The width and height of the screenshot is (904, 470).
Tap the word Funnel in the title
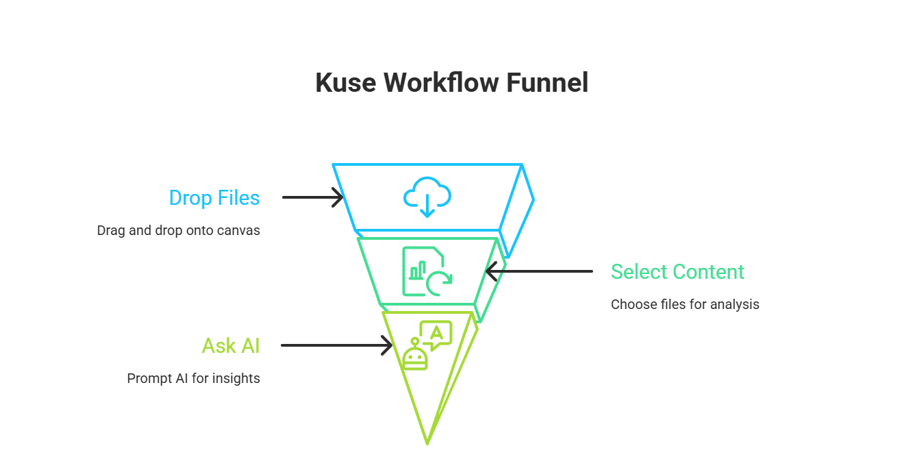(x=547, y=84)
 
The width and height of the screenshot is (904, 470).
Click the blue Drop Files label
(x=214, y=198)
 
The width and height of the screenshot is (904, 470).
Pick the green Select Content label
(x=677, y=272)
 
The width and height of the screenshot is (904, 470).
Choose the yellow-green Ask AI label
(x=231, y=346)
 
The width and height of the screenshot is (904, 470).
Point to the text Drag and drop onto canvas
(x=178, y=231)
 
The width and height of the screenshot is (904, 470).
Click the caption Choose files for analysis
(x=685, y=304)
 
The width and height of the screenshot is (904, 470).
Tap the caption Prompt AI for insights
(x=194, y=378)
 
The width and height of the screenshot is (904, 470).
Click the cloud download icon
(x=427, y=197)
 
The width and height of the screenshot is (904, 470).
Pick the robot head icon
(x=415, y=356)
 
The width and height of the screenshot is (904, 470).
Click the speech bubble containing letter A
(x=436, y=334)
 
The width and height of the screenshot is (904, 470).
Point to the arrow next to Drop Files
(x=312, y=198)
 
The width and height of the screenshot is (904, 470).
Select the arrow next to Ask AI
(x=336, y=346)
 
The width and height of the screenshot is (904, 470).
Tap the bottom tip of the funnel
(x=427, y=443)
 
